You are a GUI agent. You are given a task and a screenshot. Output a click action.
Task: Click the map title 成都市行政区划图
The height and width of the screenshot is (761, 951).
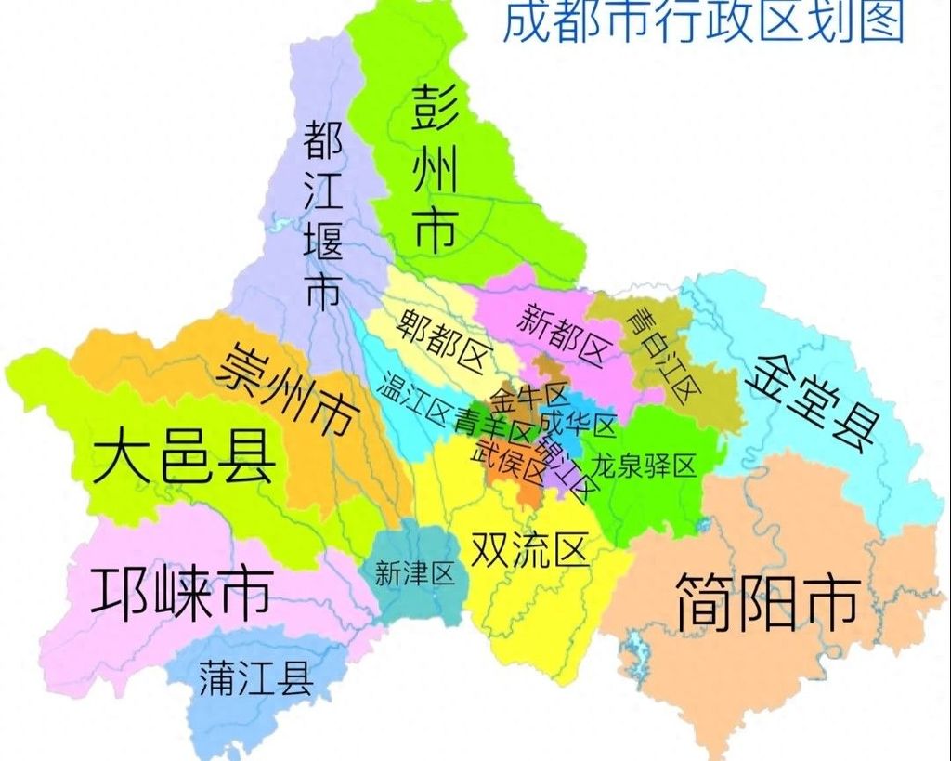[x=703, y=22]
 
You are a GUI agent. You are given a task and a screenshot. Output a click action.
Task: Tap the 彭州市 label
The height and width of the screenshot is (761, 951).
[x=434, y=166]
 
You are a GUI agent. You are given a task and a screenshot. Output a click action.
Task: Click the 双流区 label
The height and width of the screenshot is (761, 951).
[x=530, y=549]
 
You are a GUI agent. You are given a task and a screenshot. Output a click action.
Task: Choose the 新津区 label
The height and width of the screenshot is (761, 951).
[x=414, y=574]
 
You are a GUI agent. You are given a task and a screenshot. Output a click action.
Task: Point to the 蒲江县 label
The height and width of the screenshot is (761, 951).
[x=255, y=679]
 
